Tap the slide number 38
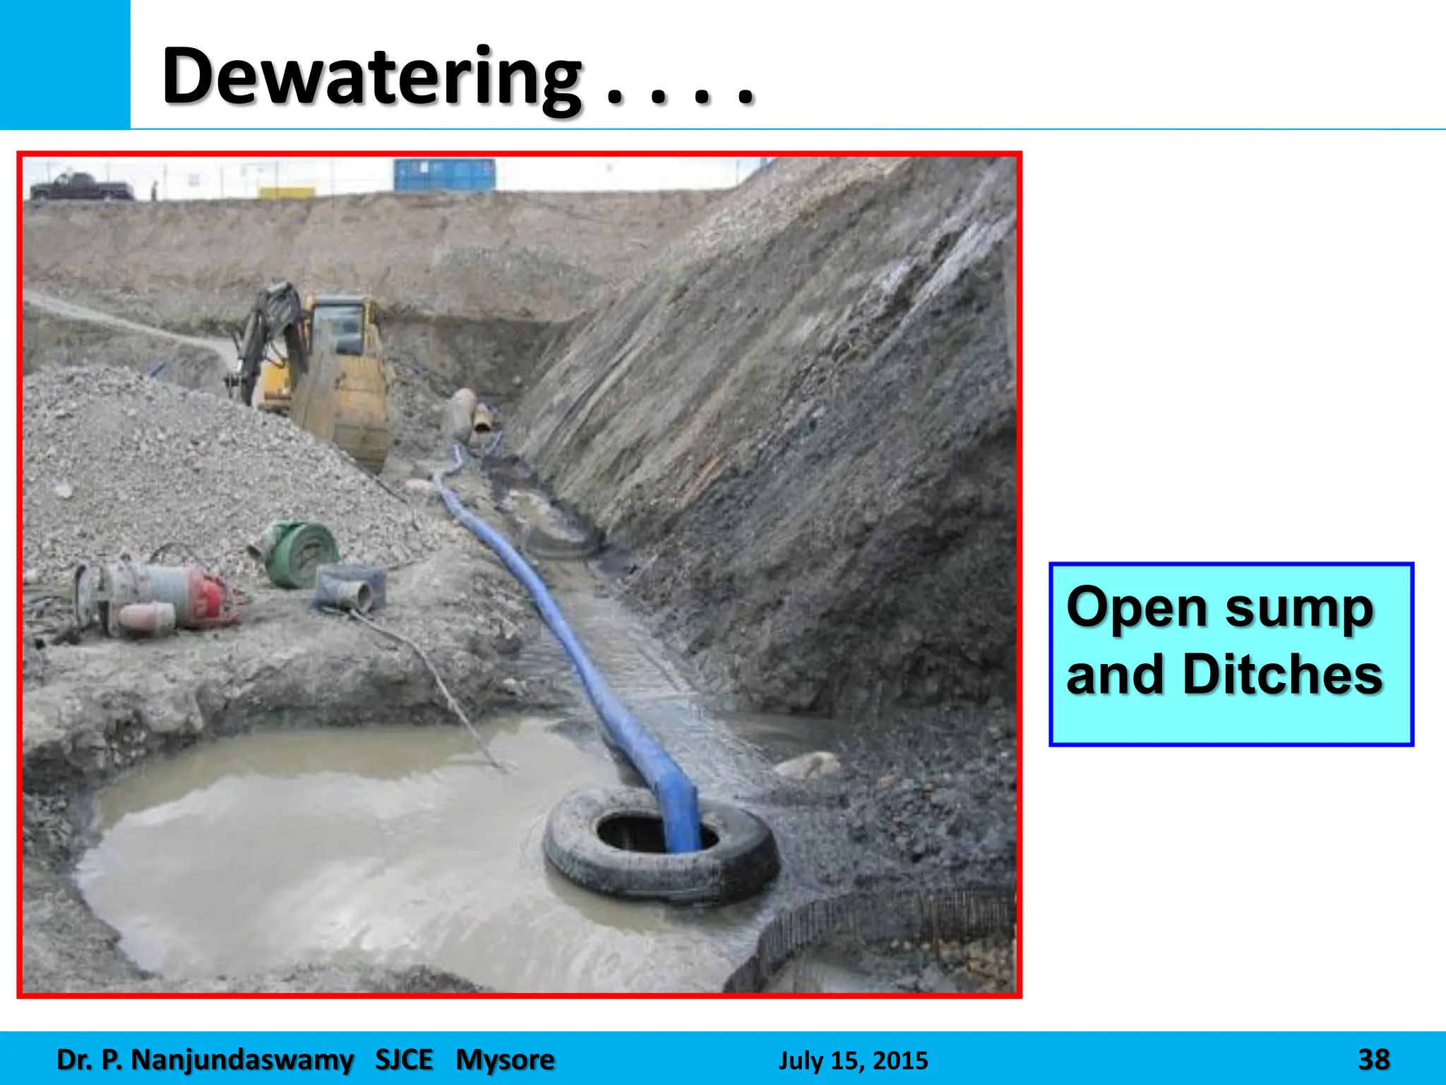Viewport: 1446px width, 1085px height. click(1373, 1060)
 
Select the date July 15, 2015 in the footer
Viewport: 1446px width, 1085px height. click(853, 1060)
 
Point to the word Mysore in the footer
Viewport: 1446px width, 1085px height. click(505, 1060)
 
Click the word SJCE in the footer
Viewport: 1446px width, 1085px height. click(404, 1060)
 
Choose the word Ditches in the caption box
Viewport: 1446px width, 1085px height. click(1281, 674)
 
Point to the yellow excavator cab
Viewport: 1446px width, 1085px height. click(342, 325)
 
